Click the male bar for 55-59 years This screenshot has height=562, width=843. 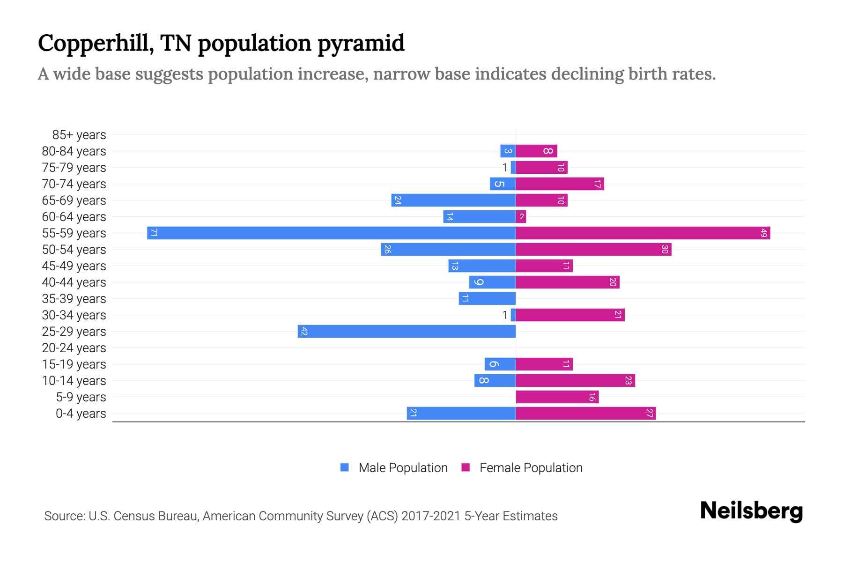331,233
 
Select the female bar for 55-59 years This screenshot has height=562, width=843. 643,233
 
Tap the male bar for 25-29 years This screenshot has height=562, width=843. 407,331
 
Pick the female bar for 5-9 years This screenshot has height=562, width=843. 557,397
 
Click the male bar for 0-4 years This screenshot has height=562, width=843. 461,413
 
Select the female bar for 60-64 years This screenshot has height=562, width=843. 521,216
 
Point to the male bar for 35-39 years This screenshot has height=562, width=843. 487,298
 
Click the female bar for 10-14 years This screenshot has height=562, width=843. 575,380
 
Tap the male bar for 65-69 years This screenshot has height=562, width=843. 453,200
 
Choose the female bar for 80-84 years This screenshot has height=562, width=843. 536,151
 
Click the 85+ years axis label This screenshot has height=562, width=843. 79,135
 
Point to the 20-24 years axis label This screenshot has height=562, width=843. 74,348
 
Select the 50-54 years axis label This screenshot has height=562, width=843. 74,250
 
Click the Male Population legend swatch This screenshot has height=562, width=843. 345,467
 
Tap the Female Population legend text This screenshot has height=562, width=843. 531,467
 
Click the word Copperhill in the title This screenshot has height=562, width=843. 96,44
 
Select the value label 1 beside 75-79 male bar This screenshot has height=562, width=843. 505,168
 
